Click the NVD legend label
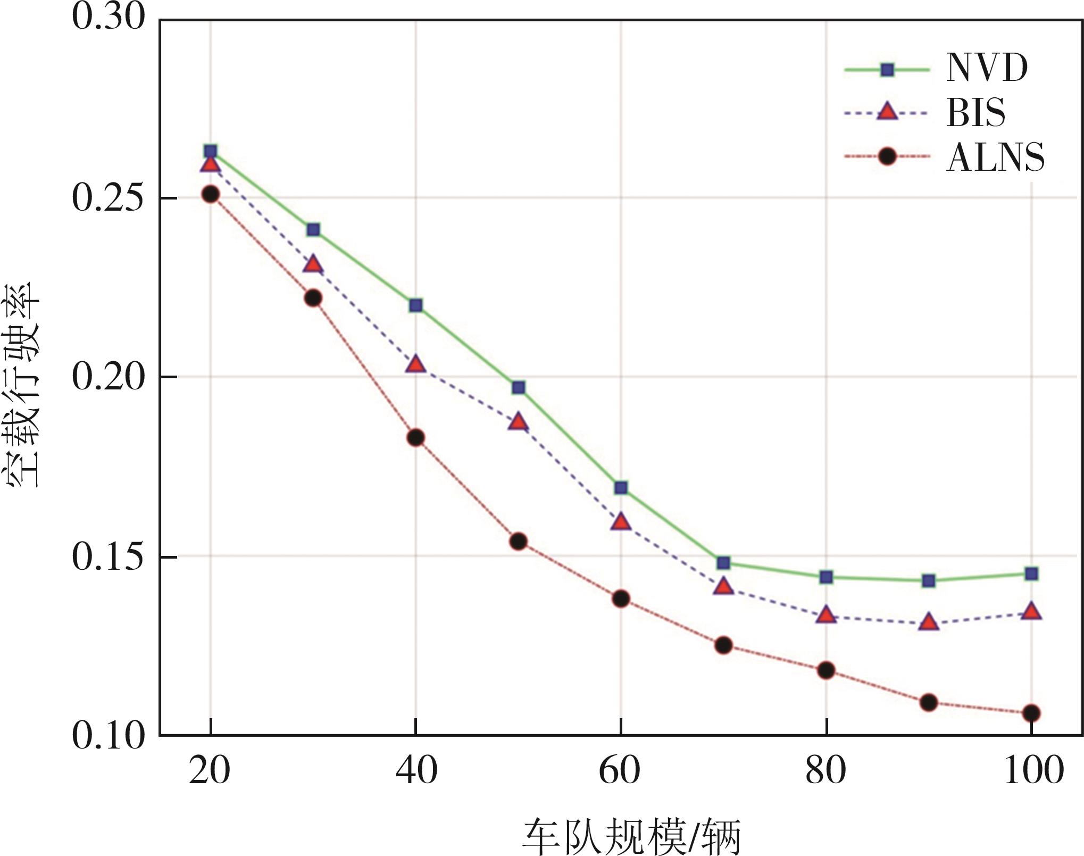click(987, 68)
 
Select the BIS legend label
click(975, 113)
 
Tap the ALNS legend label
click(995, 157)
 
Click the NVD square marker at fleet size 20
click(211, 152)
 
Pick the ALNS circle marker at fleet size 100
click(1031, 713)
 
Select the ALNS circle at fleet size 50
click(518, 542)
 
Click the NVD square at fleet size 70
click(723, 563)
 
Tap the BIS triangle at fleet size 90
click(929, 622)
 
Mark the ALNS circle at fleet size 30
click(313, 298)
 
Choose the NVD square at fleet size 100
click(1031, 574)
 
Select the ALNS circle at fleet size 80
click(826, 670)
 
